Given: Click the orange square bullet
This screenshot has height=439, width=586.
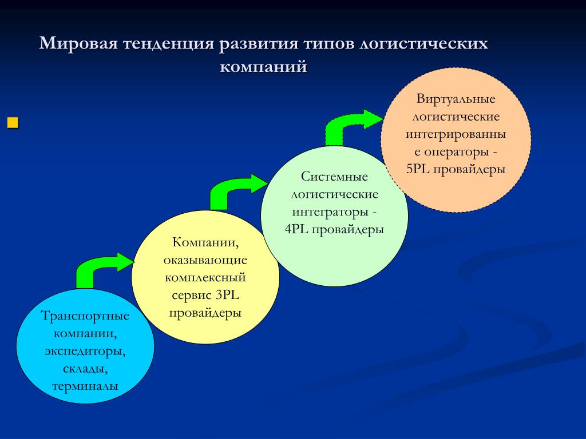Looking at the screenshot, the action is tap(13, 123).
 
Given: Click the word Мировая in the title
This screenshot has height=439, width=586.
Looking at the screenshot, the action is tap(78, 43).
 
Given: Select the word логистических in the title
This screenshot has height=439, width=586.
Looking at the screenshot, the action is tap(423, 43).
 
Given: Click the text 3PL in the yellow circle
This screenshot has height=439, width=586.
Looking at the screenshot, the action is tap(227, 296).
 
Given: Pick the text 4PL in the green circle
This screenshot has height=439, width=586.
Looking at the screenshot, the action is tap(296, 229).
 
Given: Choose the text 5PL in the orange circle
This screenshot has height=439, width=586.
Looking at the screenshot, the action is tap(418, 169).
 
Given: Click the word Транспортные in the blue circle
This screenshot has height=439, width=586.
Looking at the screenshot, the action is tap(85, 316).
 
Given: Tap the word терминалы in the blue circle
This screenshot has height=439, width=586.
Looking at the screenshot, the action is tap(85, 386).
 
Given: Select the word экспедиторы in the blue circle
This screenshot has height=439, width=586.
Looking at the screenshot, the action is tap(85, 352).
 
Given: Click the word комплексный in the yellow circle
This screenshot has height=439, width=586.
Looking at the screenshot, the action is tap(205, 278).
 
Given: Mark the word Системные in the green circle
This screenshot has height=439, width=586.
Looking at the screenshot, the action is tap(334, 176).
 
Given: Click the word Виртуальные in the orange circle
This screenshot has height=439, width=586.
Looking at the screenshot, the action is tap(456, 99).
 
